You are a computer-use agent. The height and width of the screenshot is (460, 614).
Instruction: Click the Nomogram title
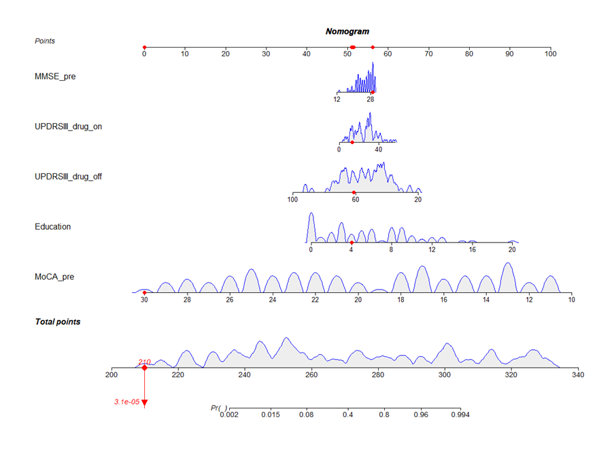(347, 31)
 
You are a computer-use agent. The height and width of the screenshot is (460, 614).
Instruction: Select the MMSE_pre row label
(55, 77)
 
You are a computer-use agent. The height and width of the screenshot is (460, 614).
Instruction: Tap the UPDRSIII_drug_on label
(69, 126)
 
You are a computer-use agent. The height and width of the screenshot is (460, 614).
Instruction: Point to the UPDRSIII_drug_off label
(69, 177)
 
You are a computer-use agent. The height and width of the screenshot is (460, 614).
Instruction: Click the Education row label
(53, 227)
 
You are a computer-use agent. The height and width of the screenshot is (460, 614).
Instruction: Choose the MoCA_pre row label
(54, 277)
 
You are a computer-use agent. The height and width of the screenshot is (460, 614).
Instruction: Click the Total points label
(57, 321)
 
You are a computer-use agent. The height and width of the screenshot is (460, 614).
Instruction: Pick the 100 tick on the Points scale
(550, 53)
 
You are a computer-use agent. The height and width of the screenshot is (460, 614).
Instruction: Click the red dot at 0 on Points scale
(144, 48)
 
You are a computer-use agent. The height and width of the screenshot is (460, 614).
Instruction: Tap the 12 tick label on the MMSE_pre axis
(337, 99)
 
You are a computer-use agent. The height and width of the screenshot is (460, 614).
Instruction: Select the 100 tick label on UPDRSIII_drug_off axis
(292, 200)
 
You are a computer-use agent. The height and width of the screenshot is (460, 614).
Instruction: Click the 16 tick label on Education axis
(472, 249)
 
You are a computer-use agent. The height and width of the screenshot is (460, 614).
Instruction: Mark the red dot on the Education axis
(352, 243)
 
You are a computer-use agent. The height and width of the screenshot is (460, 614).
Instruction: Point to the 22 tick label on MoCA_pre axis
(315, 300)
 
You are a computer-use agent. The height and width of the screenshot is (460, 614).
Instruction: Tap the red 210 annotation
(144, 362)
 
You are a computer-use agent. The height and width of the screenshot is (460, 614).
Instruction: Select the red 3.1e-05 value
(126, 402)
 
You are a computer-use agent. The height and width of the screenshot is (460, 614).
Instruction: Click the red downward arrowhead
(144, 403)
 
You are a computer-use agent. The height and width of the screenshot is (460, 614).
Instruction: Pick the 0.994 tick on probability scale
(460, 414)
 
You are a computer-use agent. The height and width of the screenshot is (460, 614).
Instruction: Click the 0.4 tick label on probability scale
(348, 414)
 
